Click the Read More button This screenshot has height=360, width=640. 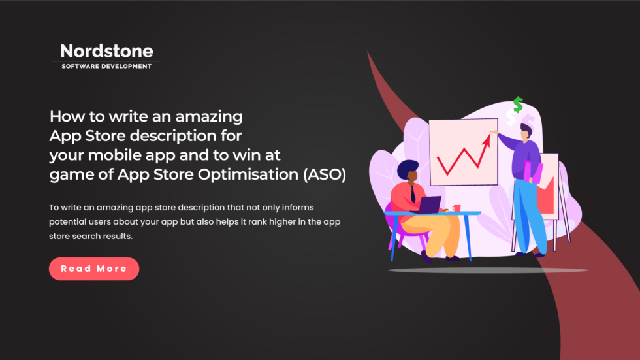[x=94, y=269]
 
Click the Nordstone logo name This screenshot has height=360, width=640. [x=106, y=51]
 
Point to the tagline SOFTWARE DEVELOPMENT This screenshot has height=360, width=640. [x=106, y=66]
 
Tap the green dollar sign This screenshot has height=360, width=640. [x=517, y=105]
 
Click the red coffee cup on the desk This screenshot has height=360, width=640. [x=456, y=208]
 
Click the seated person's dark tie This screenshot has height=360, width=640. [x=413, y=194]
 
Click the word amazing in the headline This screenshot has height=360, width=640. [x=210, y=117]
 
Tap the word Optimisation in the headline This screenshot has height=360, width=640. [x=246, y=174]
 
